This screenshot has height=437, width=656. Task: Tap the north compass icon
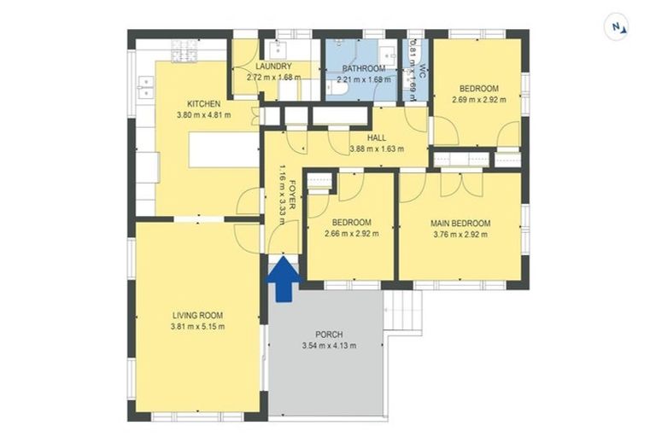pos(617,26)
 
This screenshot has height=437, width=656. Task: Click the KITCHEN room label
pos(191,104)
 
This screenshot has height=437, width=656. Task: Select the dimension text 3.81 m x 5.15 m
pos(196,327)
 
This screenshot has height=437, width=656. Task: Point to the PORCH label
pos(329,335)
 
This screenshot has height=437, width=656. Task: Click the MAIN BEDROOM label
pos(460,221)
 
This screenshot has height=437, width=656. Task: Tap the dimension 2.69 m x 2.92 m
pos(478,99)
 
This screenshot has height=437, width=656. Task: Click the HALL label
pos(376,137)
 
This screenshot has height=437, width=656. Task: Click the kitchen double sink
pos(144,84)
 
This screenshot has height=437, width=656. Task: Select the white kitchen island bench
pos(224,152)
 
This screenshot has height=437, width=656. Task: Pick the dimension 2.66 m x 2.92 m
pos(351,233)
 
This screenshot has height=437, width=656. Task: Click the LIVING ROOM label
pos(196,315)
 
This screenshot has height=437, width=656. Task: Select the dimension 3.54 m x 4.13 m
pos(329,346)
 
